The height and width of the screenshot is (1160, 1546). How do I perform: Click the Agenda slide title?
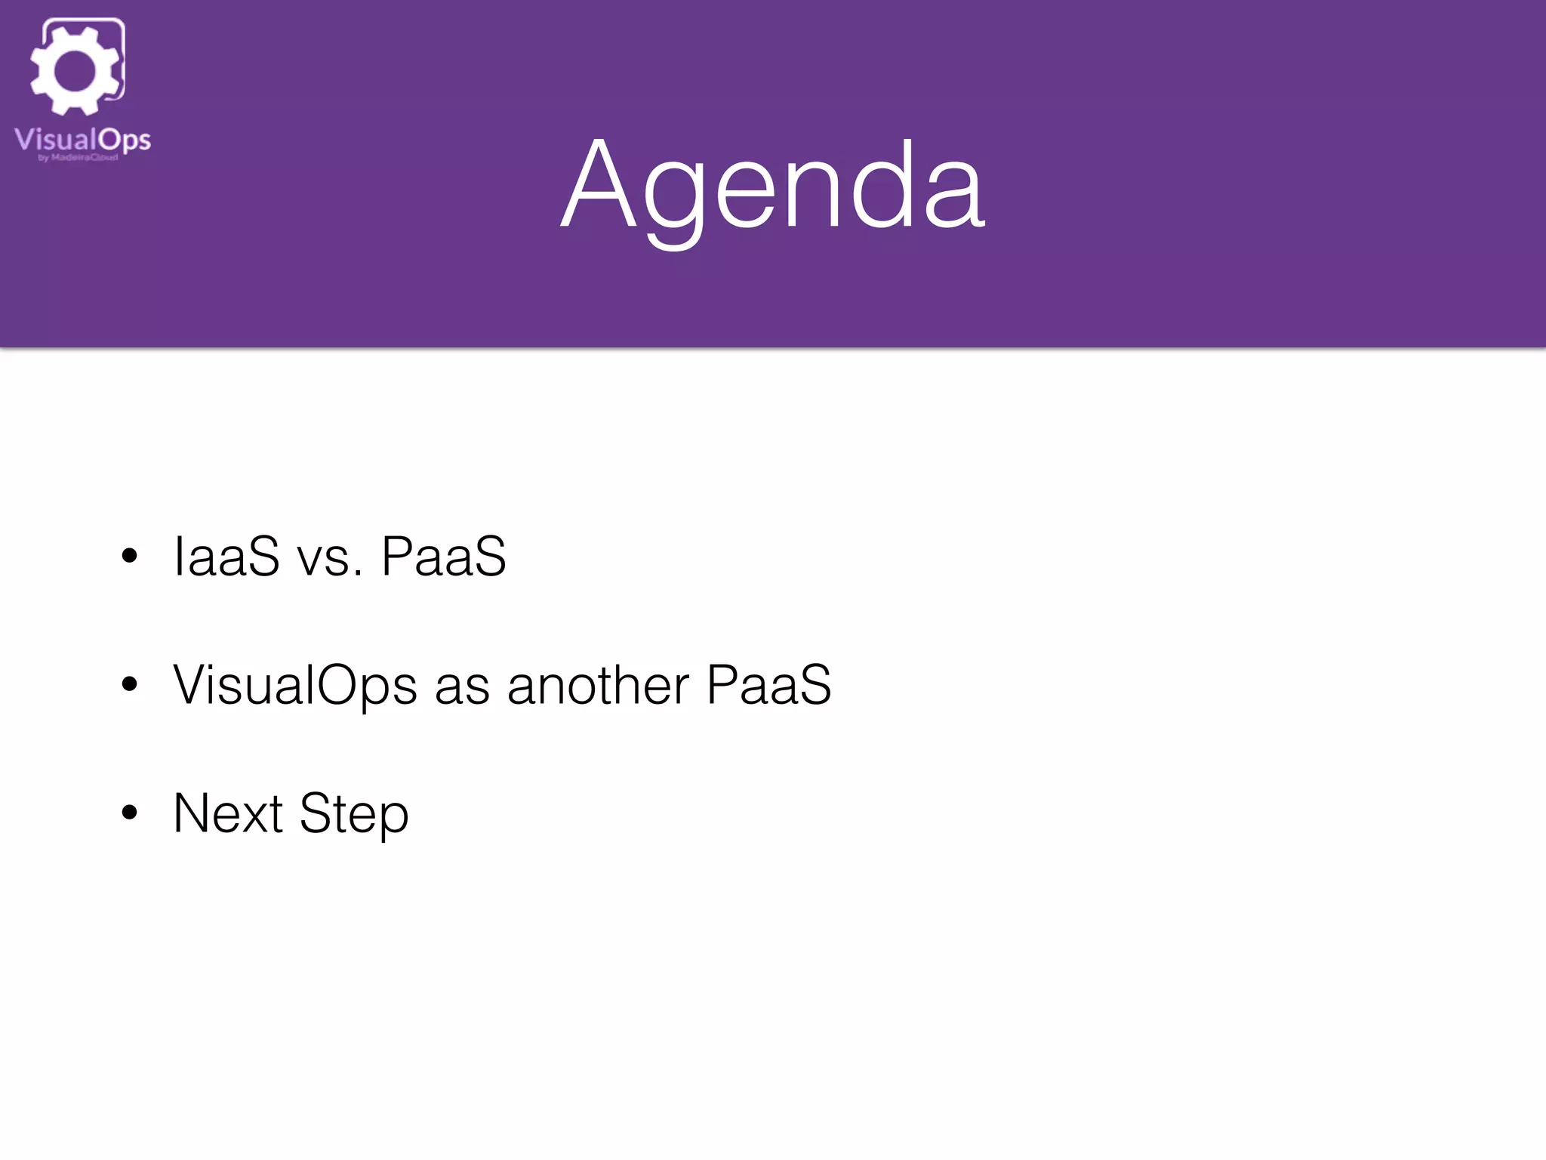(773, 185)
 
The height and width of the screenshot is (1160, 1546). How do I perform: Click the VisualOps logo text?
(82, 140)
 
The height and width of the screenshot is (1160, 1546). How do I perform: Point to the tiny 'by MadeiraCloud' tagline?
(78, 158)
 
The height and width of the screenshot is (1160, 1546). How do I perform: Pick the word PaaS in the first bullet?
(444, 557)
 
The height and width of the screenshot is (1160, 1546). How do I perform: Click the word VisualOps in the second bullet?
(294, 685)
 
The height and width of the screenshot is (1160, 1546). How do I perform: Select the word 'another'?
(598, 685)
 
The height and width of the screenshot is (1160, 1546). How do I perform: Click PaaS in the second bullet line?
(768, 685)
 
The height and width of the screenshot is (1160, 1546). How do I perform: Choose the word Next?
(228, 813)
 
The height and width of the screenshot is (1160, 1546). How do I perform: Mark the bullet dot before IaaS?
(130, 557)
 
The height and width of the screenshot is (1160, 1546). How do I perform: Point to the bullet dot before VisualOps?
(130, 685)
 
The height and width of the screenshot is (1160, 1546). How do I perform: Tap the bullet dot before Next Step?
(130, 813)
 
